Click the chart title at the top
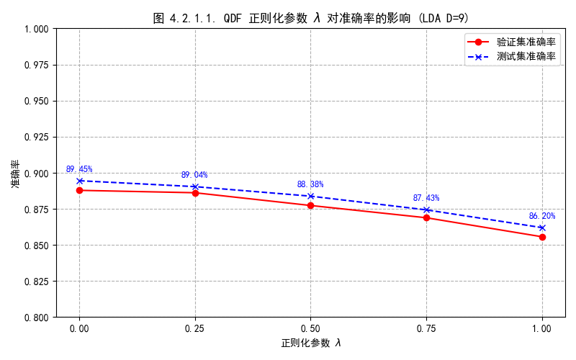pos(311,18)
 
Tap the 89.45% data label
pos(79,169)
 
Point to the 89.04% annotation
pos(194,175)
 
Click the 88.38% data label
pos(310,184)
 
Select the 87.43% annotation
pos(426,198)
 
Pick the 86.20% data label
pos(542,216)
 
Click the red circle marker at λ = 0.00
pos(79,190)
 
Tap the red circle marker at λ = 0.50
pos(310,205)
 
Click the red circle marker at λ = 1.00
pos(542,237)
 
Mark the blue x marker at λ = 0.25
pos(195,186)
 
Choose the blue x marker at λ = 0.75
pos(426,210)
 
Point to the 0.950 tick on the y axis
pos(37,101)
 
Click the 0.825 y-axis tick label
pos(37,282)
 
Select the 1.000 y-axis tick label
pos(37,29)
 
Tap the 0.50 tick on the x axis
pos(310,328)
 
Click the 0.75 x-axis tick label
pos(426,328)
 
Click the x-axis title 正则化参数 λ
pos(311,343)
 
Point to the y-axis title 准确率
pos(16,173)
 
